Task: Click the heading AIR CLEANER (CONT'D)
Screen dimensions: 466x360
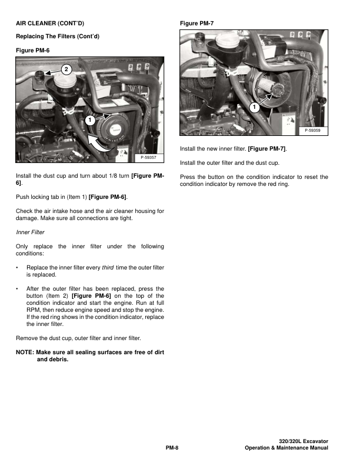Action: (x=49, y=23)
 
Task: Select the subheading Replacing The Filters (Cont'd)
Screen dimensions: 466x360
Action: (x=58, y=36)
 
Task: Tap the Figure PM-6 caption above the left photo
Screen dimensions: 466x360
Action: (x=33, y=51)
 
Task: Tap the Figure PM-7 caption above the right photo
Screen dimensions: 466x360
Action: (x=197, y=23)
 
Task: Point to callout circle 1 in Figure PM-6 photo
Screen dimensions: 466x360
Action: (x=89, y=120)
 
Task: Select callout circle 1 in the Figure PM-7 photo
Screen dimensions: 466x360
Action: (x=254, y=108)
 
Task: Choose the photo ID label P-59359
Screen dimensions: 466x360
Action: (x=313, y=130)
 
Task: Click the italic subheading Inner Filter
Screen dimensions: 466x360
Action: (x=31, y=232)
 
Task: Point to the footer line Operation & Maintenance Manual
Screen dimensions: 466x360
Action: (x=286, y=448)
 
